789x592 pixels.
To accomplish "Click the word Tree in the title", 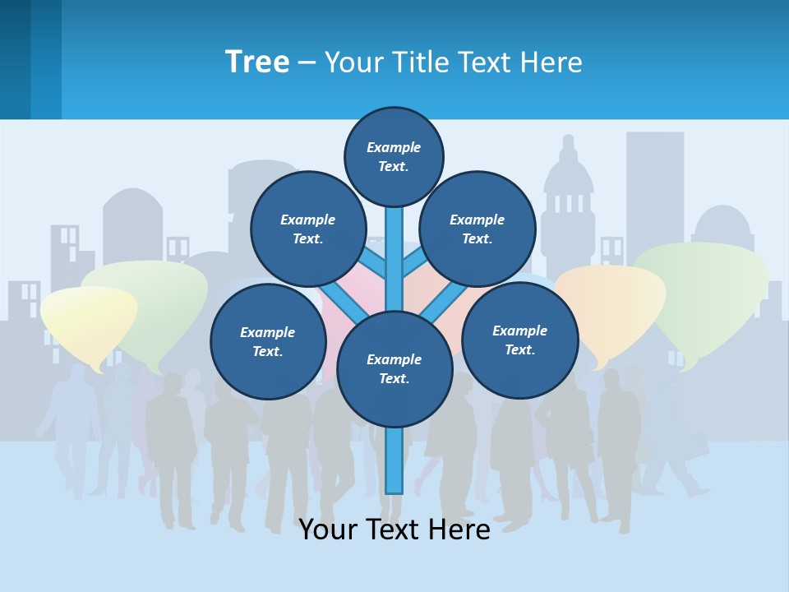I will [x=257, y=62].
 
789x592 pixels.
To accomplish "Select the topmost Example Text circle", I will [x=394, y=156].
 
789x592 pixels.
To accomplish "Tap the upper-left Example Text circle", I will [x=308, y=229].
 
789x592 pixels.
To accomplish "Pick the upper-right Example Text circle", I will [x=478, y=229].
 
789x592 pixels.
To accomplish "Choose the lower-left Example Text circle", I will [x=268, y=341].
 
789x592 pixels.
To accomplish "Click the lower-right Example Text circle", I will [x=519, y=340].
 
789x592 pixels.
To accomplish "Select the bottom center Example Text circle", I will [x=394, y=369].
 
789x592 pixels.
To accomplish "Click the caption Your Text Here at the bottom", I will [x=394, y=530].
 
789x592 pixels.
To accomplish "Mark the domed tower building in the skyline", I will [x=568, y=189].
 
